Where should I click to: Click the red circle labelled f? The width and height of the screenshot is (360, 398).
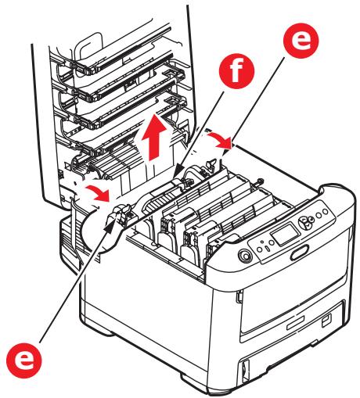point(236,71)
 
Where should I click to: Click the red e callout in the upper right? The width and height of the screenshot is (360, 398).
point(301,41)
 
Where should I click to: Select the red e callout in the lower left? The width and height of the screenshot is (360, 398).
point(24,360)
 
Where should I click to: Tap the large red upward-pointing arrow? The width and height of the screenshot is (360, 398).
point(154,138)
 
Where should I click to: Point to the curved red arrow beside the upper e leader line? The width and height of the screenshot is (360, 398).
point(221,141)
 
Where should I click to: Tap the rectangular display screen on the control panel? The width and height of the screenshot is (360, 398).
point(283,235)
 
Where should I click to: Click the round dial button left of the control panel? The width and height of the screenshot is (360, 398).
point(245,256)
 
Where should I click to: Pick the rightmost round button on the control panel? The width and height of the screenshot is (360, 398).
point(326,211)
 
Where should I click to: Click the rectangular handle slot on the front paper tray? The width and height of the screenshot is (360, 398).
point(295,322)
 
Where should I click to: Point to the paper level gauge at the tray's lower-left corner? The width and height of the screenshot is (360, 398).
point(244,368)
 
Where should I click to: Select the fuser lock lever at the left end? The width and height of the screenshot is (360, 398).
point(121,213)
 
